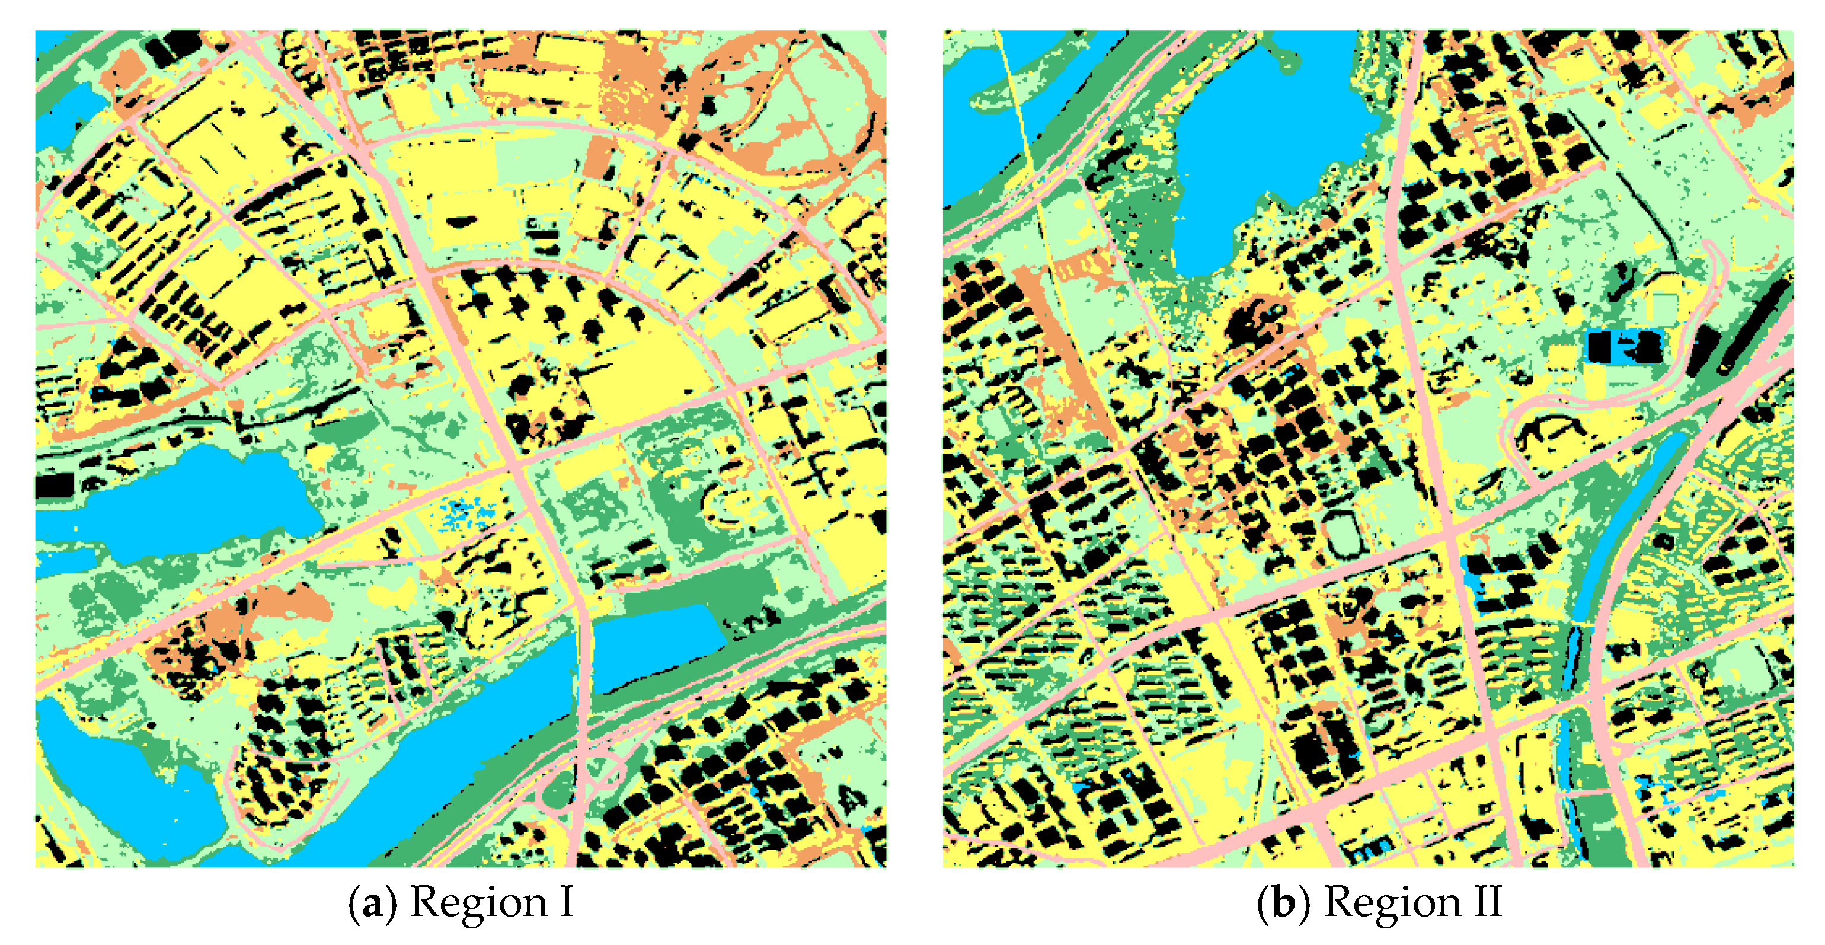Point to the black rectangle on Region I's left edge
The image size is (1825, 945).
click(x=55, y=486)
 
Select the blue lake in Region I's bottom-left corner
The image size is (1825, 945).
click(x=106, y=779)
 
